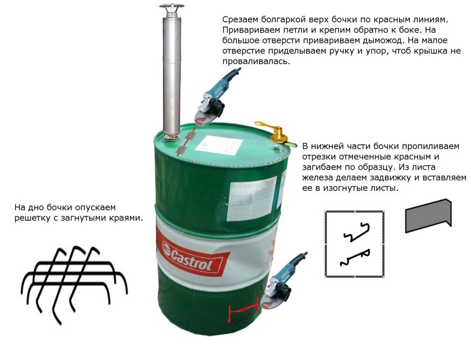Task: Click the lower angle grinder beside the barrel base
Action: point(284,279)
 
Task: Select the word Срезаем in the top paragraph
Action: point(239,19)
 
